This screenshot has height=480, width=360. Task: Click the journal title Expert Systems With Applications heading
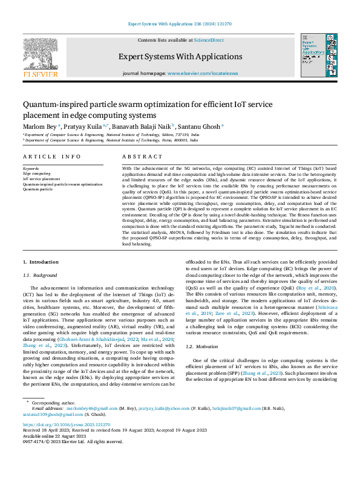tap(180, 56)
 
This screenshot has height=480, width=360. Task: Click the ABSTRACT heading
tap(138, 156)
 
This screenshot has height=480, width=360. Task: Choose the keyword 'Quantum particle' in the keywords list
tap(37, 189)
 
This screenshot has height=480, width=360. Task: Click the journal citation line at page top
tap(180, 24)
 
